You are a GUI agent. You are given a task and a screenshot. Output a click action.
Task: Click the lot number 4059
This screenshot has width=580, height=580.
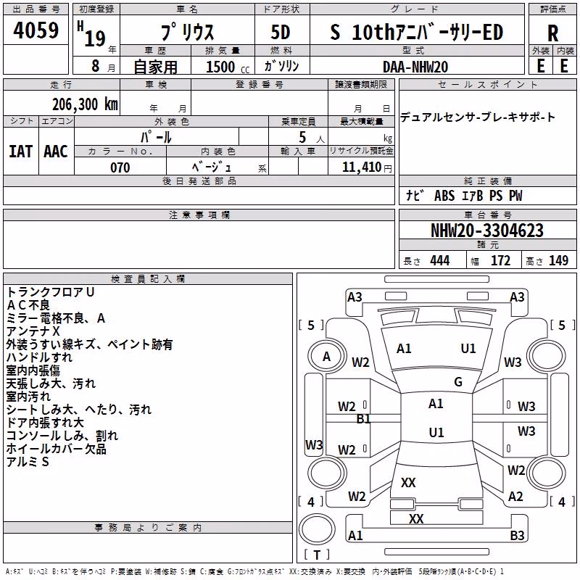(36, 30)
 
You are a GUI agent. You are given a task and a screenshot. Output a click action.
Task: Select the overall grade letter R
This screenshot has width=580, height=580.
(552, 33)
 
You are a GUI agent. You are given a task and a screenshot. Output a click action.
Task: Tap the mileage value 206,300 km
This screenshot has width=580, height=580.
(85, 104)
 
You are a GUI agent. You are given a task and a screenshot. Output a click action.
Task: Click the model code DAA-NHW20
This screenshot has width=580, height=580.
(415, 67)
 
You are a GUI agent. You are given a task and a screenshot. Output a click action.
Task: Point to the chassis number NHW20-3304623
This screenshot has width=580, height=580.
(487, 231)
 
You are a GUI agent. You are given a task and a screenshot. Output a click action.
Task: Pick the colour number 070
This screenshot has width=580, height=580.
(120, 167)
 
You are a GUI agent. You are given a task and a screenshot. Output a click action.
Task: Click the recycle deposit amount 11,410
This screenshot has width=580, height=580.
(361, 167)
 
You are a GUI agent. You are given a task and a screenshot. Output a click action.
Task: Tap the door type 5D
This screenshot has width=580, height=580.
(281, 32)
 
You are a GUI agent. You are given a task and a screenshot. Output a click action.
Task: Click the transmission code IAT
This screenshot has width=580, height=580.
(20, 152)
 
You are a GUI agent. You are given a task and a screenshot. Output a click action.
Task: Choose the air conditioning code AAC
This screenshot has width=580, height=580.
(56, 152)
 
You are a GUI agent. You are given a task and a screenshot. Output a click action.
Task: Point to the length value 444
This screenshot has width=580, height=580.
(440, 260)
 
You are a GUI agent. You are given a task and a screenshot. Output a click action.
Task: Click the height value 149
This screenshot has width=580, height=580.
(558, 260)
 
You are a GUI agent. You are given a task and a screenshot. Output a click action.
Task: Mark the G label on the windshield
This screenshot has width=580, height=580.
(458, 381)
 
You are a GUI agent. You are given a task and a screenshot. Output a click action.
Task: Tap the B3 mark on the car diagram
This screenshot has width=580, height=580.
(517, 535)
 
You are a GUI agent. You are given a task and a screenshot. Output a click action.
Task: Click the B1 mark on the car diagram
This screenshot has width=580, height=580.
(363, 419)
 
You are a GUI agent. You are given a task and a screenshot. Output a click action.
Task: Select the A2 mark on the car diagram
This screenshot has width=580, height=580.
(515, 497)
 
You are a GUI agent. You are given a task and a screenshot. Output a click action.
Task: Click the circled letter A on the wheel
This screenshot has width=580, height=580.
(326, 357)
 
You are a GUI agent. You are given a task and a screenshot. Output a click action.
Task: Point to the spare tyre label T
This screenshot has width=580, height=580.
(317, 555)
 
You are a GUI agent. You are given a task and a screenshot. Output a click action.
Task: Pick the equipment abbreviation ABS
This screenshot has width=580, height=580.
(444, 196)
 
